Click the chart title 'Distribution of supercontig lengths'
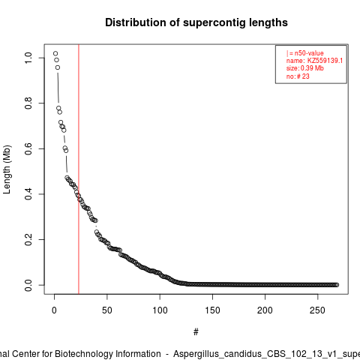click(196, 22)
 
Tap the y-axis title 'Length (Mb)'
click(7, 169)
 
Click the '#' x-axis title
click(196, 332)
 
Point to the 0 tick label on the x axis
click(54, 310)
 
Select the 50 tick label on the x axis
click(107, 310)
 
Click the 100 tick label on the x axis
click(160, 310)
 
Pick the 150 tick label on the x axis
click(212, 310)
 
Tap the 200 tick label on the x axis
click(265, 310)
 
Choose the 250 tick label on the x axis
click(317, 310)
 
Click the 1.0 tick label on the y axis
click(28, 58)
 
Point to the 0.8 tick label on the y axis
click(28, 103)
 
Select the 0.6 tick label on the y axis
click(28, 148)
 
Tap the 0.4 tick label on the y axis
click(28, 194)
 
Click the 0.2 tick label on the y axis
click(28, 239)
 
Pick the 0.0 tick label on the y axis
click(28, 285)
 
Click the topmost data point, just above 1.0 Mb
click(55, 53)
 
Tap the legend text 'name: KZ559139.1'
click(314, 61)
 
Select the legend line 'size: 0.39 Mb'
click(305, 68)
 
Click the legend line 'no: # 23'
click(298, 76)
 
